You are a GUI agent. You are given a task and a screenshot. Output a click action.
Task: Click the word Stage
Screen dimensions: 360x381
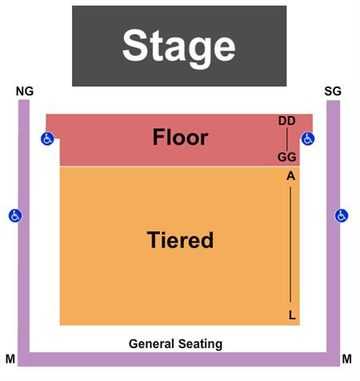coord(179,47)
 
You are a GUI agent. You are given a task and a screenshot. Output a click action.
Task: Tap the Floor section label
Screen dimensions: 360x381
coord(180,137)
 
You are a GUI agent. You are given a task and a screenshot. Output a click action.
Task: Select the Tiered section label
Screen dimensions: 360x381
coord(180,239)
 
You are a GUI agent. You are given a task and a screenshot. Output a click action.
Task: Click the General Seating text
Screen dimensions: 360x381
coord(175,343)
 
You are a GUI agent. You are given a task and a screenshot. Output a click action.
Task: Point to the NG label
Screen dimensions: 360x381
coord(25,91)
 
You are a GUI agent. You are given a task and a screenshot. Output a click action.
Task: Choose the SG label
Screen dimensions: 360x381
coord(333,91)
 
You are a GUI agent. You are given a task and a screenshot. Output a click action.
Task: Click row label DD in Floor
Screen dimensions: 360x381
coord(287,121)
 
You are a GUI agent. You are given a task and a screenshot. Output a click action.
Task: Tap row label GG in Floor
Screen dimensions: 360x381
coord(287,157)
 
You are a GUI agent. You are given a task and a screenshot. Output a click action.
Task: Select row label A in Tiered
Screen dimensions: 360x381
coord(291,176)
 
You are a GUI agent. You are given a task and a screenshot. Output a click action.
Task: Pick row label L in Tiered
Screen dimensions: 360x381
coord(292,315)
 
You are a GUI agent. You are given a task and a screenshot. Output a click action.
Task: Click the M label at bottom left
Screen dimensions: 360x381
coord(10,359)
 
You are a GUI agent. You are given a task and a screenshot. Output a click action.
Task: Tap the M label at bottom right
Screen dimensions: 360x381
coord(347,359)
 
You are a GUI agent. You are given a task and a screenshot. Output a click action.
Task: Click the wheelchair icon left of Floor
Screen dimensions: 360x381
coord(47,138)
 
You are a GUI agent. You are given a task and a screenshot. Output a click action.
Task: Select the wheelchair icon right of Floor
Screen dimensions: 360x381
coord(308,138)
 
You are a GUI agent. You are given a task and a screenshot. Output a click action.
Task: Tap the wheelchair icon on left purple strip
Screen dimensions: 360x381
coord(15,215)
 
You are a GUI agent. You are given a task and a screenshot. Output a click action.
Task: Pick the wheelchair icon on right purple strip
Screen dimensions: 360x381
coord(342,215)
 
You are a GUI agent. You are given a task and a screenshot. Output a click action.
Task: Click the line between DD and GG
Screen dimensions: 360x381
coord(287,139)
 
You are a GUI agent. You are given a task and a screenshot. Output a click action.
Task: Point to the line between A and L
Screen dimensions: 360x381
coord(290,244)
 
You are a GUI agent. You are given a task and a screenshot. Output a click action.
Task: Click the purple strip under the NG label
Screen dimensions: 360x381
coord(24,227)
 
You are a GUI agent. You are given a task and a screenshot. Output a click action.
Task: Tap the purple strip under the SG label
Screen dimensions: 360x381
coord(334,227)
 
